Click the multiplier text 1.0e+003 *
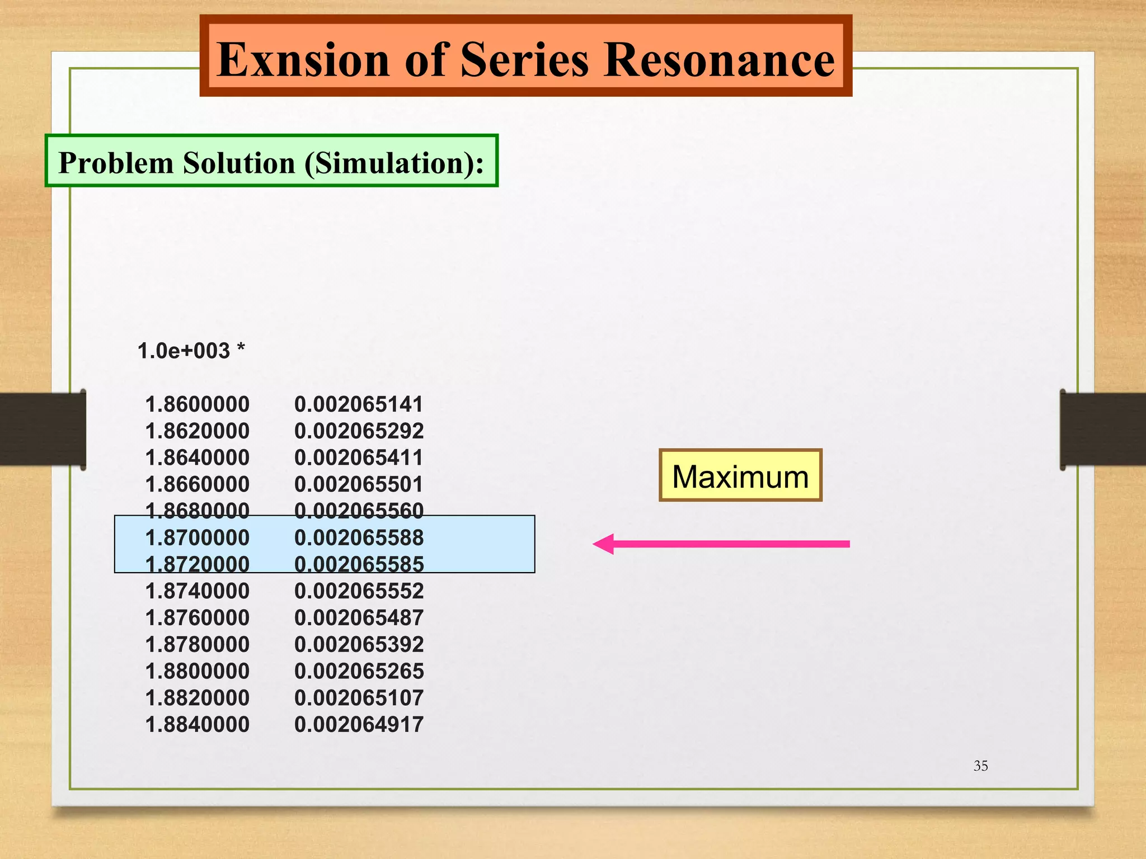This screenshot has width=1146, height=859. pos(191,351)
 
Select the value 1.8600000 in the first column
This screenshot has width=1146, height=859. pos(197,404)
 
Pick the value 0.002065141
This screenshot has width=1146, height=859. pos(359,404)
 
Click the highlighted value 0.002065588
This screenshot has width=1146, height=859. pos(359,537)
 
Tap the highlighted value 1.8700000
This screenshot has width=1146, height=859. pos(197,537)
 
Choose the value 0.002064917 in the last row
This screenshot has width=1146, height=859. pos(359,724)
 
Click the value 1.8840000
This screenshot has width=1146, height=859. pos(197,724)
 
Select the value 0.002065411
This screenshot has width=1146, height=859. pos(359,457)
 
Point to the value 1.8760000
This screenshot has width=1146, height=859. pos(197,617)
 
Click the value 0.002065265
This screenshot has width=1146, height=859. pos(359,671)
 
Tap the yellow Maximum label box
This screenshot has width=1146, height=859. pos(740,475)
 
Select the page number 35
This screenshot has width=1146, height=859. pos(980,766)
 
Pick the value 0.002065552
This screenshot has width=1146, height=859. pos(359,591)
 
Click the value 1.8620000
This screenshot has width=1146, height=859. pos(197,431)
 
